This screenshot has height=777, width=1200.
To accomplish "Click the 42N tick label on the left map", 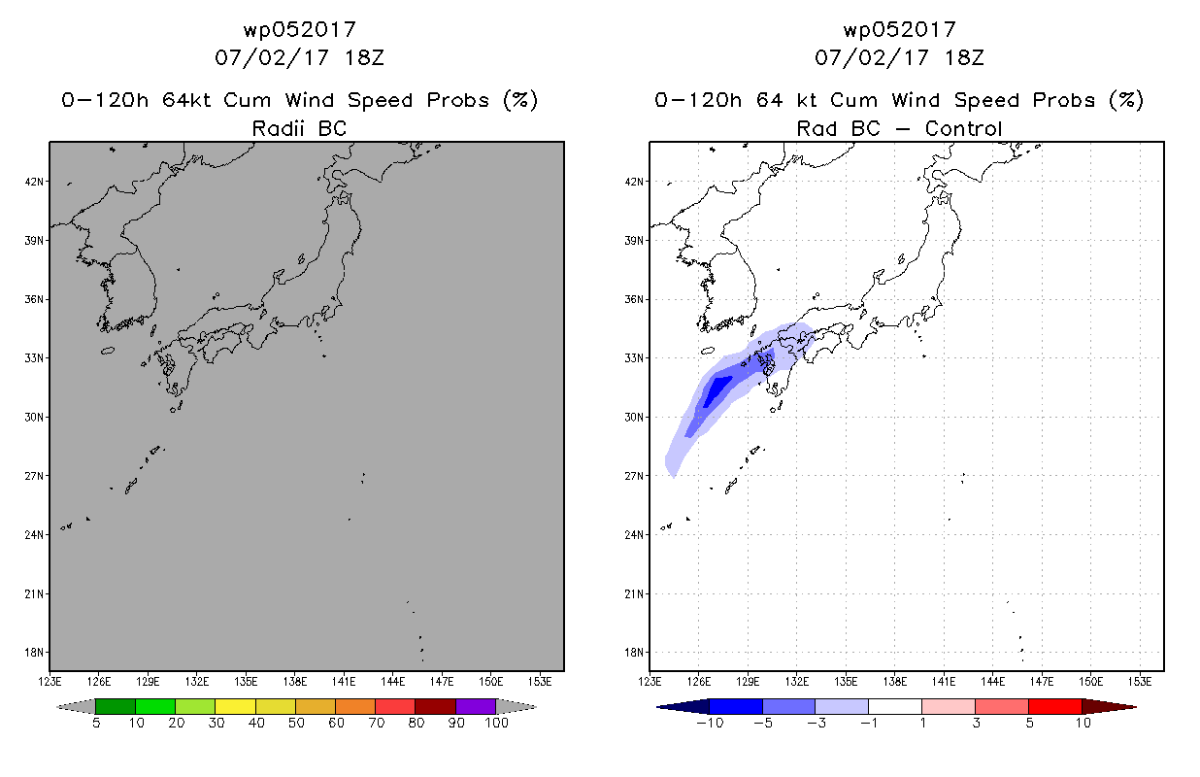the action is (x=34, y=182).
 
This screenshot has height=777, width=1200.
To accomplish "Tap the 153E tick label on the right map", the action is (x=1140, y=682).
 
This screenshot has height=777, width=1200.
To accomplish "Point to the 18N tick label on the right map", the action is (x=634, y=653).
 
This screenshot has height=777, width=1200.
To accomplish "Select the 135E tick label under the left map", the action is (x=246, y=682).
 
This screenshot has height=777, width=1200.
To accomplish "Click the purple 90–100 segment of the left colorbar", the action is (x=476, y=706).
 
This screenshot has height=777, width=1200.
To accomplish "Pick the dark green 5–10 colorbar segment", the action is (x=116, y=706).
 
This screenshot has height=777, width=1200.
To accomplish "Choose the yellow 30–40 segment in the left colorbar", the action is (x=236, y=706).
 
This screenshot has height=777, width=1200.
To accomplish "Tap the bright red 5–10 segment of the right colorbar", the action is (x=1055, y=706).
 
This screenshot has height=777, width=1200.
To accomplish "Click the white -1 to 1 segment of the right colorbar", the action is (x=895, y=706).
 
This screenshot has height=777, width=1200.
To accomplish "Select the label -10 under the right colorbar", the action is (x=710, y=723).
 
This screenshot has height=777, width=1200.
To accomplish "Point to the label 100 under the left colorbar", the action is (x=496, y=723).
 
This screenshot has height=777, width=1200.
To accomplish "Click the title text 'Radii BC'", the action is (x=299, y=128).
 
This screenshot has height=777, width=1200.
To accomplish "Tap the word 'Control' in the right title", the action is (x=963, y=128).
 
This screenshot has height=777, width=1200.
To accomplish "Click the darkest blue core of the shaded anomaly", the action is (x=716, y=391).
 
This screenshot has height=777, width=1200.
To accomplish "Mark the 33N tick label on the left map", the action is (x=34, y=358).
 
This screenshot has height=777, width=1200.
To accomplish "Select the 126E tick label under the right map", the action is (x=699, y=682).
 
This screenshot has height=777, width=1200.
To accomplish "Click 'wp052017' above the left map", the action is (x=300, y=29).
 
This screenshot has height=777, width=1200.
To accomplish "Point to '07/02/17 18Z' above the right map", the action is (x=899, y=57).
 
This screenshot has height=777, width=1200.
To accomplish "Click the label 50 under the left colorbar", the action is (x=296, y=723).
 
